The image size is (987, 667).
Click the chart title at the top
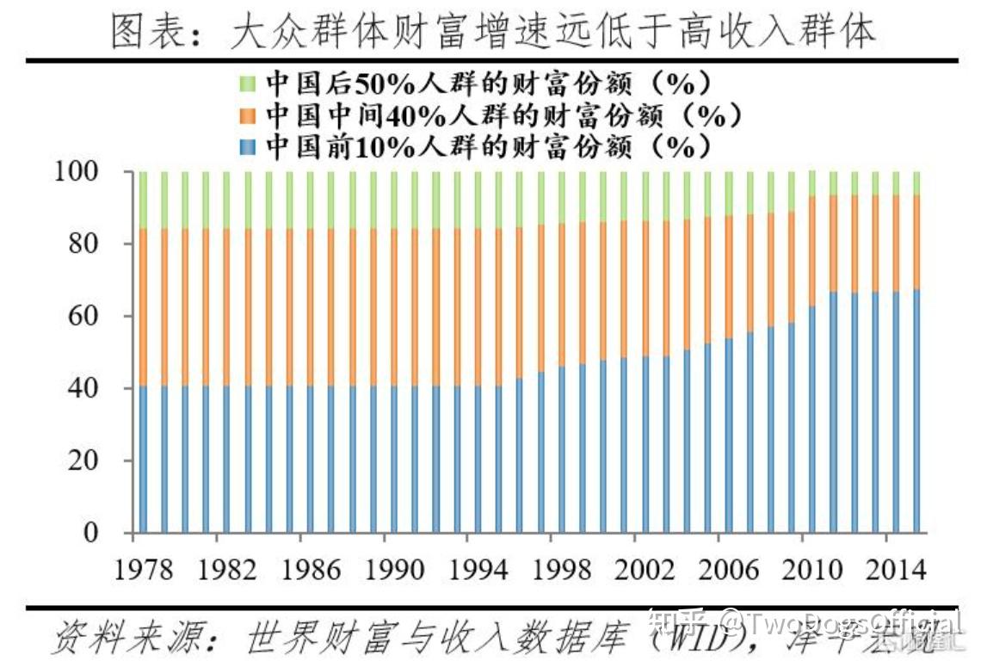pyautogui.click(x=493, y=32)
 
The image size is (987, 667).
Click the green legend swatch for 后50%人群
pyautogui.click(x=247, y=83)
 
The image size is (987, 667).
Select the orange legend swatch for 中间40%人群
pyautogui.click(x=247, y=115)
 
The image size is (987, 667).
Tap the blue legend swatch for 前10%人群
pyautogui.click(x=247, y=146)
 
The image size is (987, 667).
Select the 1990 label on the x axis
pyautogui.click(x=392, y=570)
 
